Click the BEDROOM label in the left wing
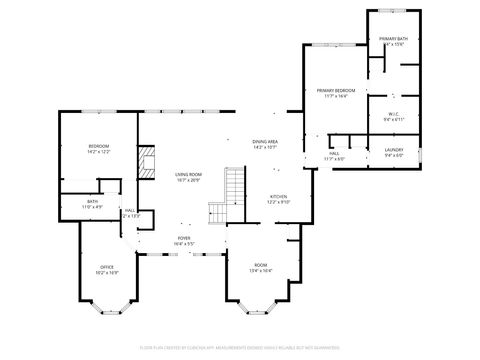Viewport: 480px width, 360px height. coord(98,147)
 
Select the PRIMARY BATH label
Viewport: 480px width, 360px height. coord(393,38)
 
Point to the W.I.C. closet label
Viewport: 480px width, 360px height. coord(393,114)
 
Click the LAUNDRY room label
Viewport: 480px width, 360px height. coord(393,150)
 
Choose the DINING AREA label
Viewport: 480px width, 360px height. coord(265,142)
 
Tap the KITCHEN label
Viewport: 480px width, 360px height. coord(278,196)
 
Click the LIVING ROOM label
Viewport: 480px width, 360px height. coord(188,174)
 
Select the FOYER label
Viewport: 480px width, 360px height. coord(184,238)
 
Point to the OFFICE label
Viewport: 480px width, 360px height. coord(107,267)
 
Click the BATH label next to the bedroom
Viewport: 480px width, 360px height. coord(92,201)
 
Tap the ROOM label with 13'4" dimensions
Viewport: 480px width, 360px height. coord(259,264)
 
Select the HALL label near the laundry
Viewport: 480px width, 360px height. coord(334,154)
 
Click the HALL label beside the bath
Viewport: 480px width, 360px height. coord(130,210)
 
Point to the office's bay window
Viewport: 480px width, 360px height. coord(107,304)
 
